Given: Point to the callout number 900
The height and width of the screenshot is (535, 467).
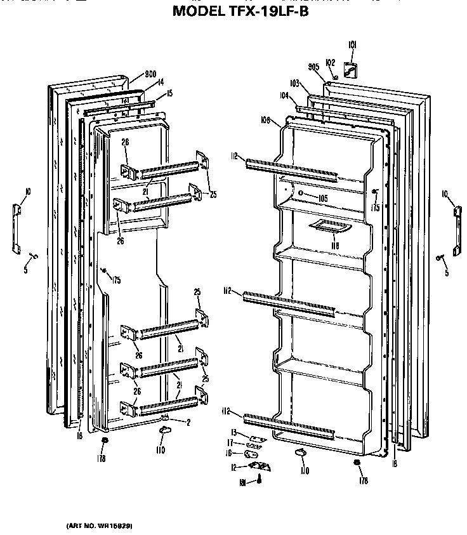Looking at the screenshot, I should [133, 74].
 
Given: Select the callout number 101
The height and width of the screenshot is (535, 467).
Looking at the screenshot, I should [353, 44].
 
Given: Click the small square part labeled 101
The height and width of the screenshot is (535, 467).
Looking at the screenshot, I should [349, 69].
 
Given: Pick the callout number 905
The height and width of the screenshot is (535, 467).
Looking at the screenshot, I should [313, 67].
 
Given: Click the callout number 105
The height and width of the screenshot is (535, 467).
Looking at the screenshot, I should [323, 198].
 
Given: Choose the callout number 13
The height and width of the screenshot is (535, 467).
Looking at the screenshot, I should [233, 432].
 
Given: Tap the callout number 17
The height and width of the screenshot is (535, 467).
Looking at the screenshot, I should [232, 443].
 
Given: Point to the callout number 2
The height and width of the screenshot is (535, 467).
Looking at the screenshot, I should [188, 422].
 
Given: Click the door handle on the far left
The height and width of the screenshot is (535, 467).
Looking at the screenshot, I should [17, 227].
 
